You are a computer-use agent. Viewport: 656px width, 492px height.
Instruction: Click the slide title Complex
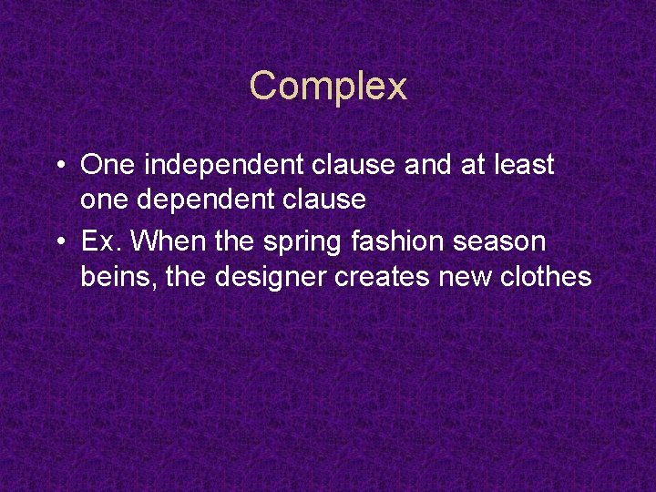[x=328, y=87]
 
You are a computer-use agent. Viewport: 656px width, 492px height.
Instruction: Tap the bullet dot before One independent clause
[x=58, y=166]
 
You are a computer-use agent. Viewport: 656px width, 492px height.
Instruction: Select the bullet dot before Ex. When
[x=58, y=242]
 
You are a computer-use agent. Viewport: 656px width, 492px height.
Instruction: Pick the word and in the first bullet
[x=422, y=165]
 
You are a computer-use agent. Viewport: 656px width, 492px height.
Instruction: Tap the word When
[x=161, y=241]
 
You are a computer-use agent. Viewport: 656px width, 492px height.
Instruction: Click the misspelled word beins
[x=113, y=276]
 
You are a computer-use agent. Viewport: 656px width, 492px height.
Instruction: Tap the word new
[x=465, y=277]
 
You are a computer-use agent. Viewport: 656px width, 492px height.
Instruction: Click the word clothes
[x=546, y=276]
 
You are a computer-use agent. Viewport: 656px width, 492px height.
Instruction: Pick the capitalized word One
[x=108, y=165]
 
